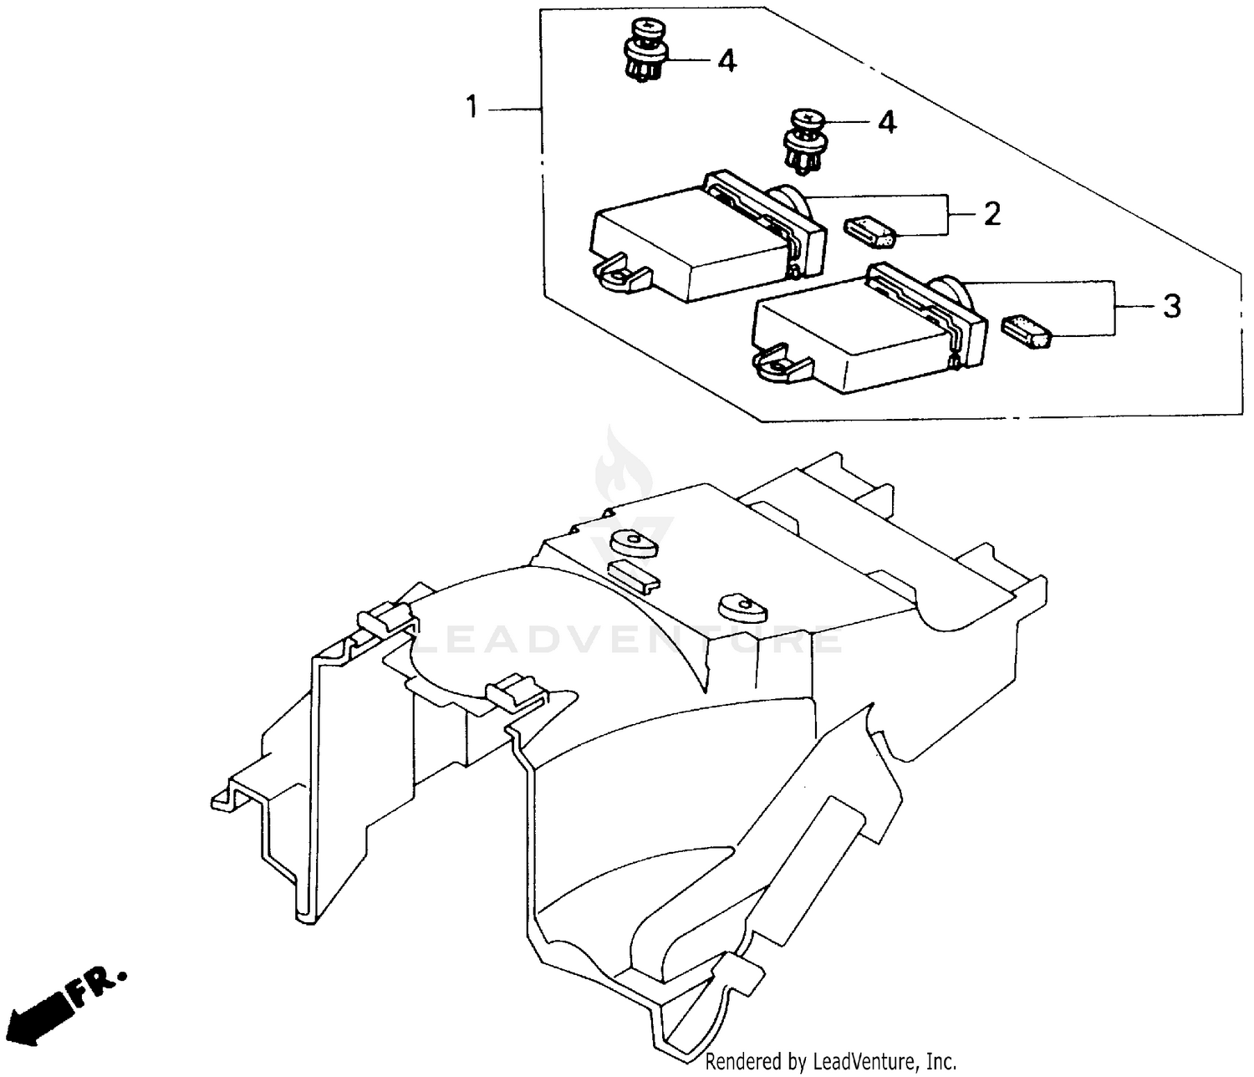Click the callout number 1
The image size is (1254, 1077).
[x=472, y=108]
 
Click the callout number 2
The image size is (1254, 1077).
[x=992, y=214]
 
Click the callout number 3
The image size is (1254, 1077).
[x=1172, y=306]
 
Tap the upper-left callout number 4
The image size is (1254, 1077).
[x=726, y=60]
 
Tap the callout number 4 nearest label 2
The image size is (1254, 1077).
[x=886, y=122]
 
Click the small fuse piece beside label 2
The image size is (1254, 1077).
[x=870, y=232]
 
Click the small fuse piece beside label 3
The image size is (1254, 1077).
[x=1025, y=330]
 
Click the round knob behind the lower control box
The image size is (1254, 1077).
[x=953, y=294]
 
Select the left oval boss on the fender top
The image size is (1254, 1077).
[x=633, y=544]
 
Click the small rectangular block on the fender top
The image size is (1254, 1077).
[x=633, y=574]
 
